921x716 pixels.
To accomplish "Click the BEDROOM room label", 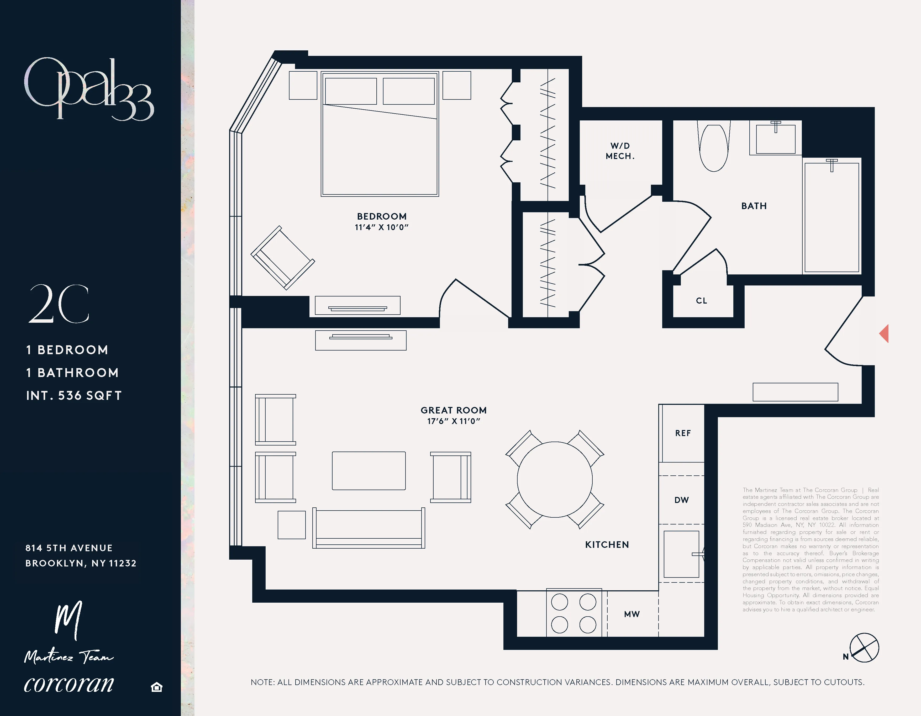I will point(382,216).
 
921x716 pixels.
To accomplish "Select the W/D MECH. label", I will point(620,151).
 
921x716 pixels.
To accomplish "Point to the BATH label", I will point(754,206).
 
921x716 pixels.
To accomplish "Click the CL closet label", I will point(701,300).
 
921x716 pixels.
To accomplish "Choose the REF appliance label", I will point(683,433).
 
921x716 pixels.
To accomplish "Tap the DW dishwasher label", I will point(681,500).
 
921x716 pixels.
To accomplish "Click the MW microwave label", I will point(632,614).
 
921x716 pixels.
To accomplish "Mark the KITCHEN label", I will point(607,544).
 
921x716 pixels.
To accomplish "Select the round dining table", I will point(555,480).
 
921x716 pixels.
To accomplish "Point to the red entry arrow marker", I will point(884,333).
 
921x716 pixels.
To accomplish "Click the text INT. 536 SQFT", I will point(74,395).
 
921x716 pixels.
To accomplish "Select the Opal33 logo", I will point(88,89).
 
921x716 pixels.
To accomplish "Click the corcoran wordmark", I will point(69,683).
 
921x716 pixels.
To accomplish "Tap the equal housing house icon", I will point(156,687).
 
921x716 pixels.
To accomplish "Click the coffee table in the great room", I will point(369,471).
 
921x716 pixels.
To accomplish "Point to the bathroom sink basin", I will point(776,139).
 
